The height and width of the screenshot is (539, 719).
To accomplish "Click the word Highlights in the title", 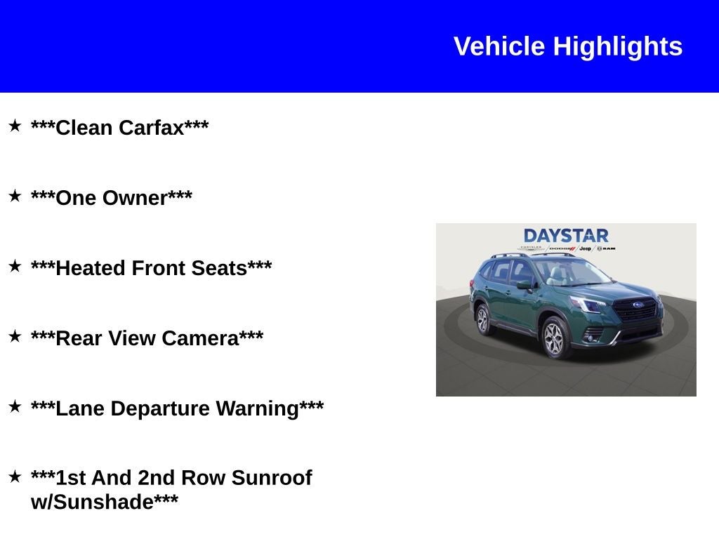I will (617, 46).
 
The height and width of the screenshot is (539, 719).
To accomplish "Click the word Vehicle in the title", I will (499, 46).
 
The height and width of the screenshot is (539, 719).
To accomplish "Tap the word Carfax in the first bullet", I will (151, 128).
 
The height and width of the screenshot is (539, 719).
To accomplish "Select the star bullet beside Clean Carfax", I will (15, 126).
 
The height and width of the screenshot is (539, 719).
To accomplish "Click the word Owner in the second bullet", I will (135, 198).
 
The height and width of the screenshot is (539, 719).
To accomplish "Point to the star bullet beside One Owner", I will (15, 196).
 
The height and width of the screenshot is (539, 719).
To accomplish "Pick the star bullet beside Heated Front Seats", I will (15, 266).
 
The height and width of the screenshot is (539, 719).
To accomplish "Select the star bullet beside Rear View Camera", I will (15, 336).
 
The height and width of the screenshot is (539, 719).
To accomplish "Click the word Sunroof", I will (271, 478).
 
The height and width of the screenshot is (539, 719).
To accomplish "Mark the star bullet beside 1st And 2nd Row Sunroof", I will (15, 477).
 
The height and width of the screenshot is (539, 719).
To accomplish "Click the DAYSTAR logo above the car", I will (566, 236).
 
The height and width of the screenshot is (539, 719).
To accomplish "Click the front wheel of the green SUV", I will (554, 339).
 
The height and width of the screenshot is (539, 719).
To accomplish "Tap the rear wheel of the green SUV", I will (482, 320).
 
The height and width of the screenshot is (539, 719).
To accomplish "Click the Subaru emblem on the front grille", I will (638, 305).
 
